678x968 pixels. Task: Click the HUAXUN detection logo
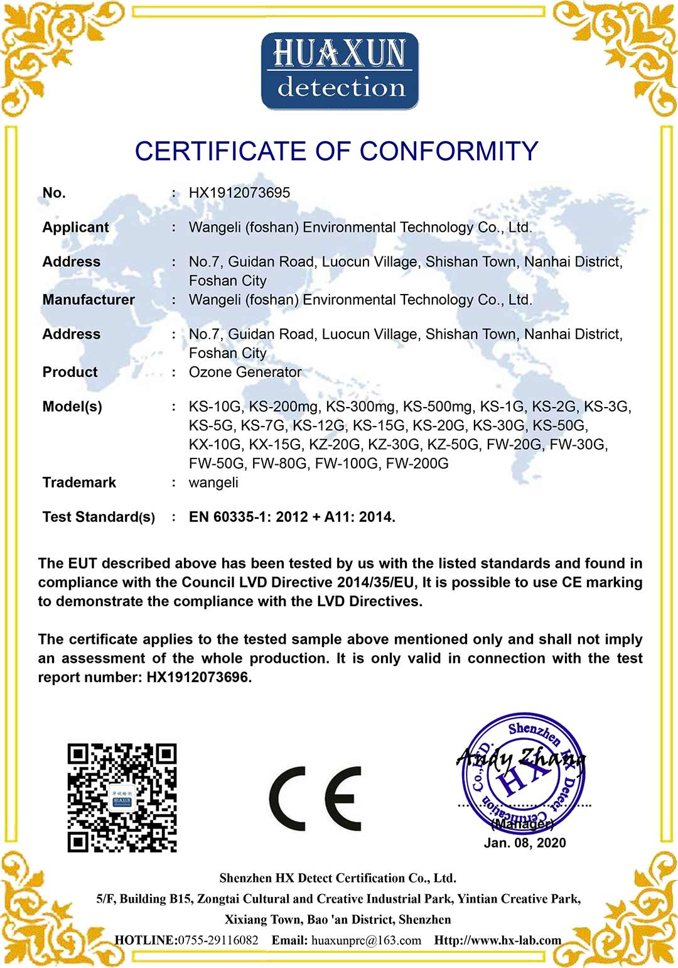pyautogui.click(x=340, y=71)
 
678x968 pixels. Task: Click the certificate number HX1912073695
pyautogui.click(x=239, y=193)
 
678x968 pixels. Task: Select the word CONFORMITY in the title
pyautogui.click(x=449, y=151)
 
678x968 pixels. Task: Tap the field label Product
pyautogui.click(x=70, y=372)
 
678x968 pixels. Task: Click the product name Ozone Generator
pyautogui.click(x=245, y=372)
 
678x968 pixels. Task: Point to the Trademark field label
pyautogui.click(x=79, y=482)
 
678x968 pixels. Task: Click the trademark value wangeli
pyautogui.click(x=213, y=482)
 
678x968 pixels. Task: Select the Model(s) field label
pyautogui.click(x=72, y=406)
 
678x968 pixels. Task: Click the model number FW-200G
pyautogui.click(x=417, y=464)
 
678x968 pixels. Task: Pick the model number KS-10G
pyautogui.click(x=215, y=406)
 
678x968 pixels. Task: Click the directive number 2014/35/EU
pyautogui.click(x=375, y=582)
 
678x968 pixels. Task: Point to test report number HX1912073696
pyautogui.click(x=198, y=677)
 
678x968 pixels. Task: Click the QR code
pyautogui.click(x=122, y=798)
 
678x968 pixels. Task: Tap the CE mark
pyautogui.click(x=315, y=798)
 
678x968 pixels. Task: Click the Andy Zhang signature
pyautogui.click(x=521, y=759)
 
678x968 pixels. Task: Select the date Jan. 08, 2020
pyautogui.click(x=525, y=843)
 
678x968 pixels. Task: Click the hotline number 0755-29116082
pyautogui.click(x=218, y=940)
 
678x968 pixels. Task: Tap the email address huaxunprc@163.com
pyautogui.click(x=366, y=940)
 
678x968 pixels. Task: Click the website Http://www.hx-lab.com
pyautogui.click(x=497, y=940)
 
